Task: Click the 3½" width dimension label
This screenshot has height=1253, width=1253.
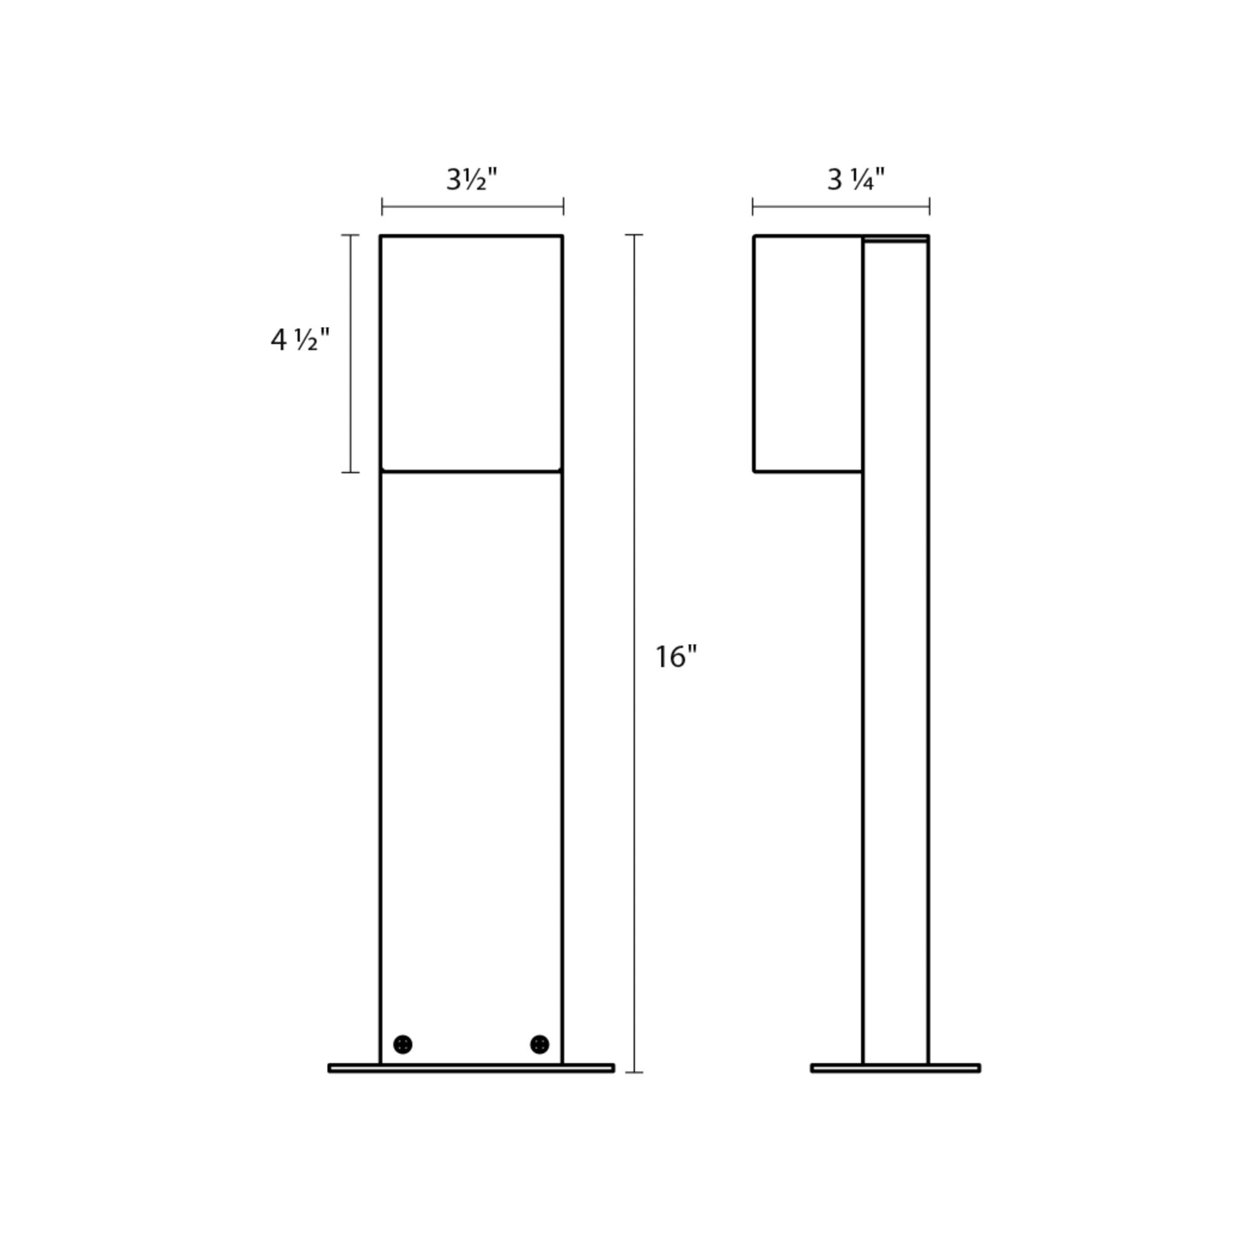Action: (x=472, y=180)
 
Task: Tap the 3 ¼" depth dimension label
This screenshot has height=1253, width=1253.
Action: (x=856, y=180)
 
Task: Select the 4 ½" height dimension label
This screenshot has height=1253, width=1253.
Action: (x=300, y=339)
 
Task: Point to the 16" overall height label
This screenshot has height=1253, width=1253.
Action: (x=676, y=657)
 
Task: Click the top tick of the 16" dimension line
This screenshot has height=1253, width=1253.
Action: (x=634, y=235)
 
